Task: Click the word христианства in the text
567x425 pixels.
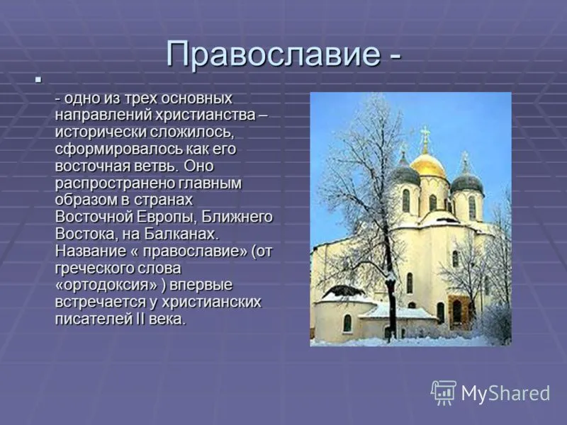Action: [206, 115]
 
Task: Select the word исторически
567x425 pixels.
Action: [101, 132]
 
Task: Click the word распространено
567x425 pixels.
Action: [110, 183]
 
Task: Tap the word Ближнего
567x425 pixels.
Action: [237, 217]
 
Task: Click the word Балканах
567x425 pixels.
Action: [182, 234]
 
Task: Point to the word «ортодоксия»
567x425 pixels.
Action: [107, 285]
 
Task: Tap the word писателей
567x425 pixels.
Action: [94, 319]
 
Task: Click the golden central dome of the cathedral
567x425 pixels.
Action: [428, 165]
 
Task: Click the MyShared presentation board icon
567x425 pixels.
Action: [444, 392]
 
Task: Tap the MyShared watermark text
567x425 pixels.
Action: [505, 393]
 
